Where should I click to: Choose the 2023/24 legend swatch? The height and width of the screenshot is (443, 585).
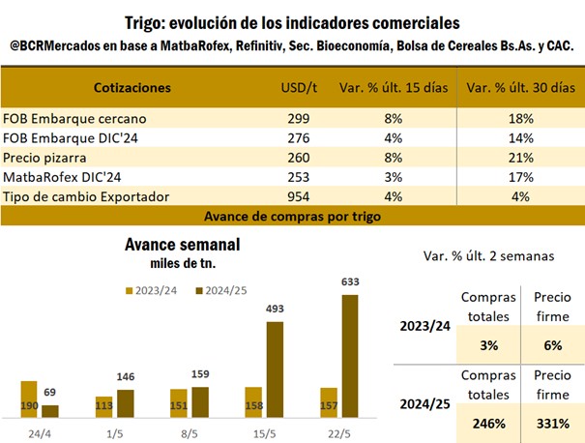click(131, 289)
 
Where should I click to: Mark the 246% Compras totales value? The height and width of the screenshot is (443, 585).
click(488, 422)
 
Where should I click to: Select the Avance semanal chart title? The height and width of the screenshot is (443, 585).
click(181, 245)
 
